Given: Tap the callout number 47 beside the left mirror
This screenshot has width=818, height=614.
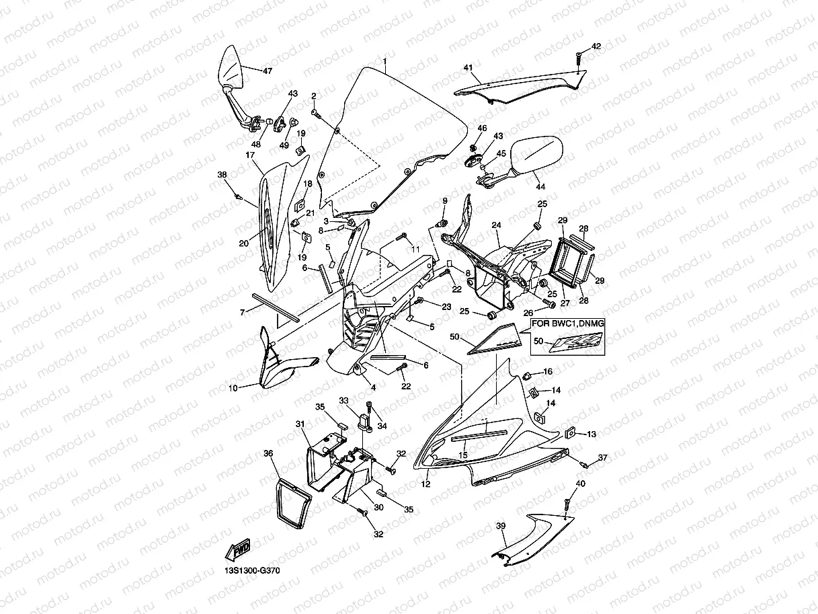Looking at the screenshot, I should point(267,71).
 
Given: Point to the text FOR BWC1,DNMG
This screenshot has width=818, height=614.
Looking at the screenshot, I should point(568,323).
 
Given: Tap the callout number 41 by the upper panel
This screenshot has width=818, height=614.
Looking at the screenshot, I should point(468,67).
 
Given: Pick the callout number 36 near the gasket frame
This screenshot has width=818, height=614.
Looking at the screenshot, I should point(268,454).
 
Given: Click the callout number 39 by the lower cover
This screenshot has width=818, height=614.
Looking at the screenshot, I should point(500,527).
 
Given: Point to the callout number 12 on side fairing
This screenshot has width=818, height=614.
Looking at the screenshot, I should point(425,484).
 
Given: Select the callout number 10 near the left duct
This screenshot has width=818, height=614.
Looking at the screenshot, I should point(233,388).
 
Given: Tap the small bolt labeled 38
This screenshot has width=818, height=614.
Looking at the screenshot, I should point(238,196).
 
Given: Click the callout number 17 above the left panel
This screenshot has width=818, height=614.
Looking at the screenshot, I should point(250,155).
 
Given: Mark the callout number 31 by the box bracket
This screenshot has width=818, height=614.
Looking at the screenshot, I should point(300,424).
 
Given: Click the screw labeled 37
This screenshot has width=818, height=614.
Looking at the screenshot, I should point(585,465).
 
